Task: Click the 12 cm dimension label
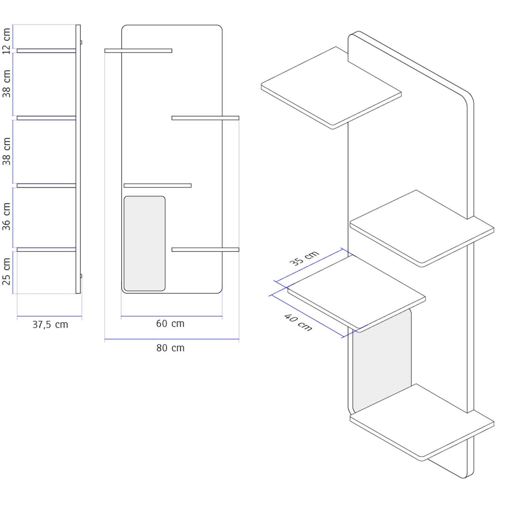pyautogui.click(x=7, y=41)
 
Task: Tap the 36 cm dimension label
pyautogui.click(x=7, y=217)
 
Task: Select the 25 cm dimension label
pyautogui.click(x=7, y=271)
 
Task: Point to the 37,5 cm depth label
pyautogui.click(x=50, y=325)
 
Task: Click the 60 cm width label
pyautogui.click(x=170, y=324)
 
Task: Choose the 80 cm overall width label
pyautogui.click(x=170, y=348)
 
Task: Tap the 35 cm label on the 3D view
pyautogui.click(x=304, y=258)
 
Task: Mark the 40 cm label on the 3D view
pyautogui.click(x=298, y=322)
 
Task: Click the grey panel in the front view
pyautogui.click(x=144, y=243)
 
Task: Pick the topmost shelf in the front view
pyautogui.click(x=138, y=51)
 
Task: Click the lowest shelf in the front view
pyautogui.click(x=205, y=250)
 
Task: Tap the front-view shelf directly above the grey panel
pyautogui.click(x=158, y=186)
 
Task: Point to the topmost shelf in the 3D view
pyautogui.click(x=331, y=88)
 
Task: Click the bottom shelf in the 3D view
pyautogui.click(x=422, y=422)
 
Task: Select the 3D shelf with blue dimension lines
pyautogui.click(x=357, y=294)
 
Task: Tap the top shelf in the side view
pyautogui.click(x=47, y=51)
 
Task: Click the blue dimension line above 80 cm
pyautogui.click(x=172, y=339)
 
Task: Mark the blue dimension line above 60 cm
pyautogui.click(x=172, y=316)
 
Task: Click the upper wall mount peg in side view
pyautogui.click(x=81, y=42)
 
